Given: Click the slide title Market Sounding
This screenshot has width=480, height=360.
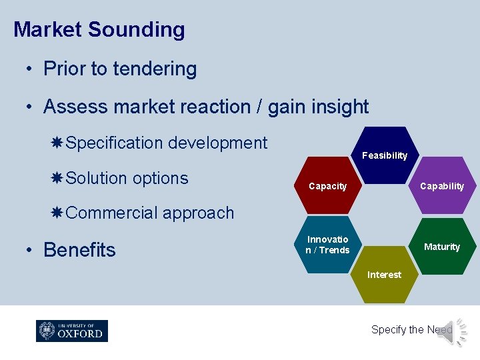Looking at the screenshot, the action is [x=99, y=30].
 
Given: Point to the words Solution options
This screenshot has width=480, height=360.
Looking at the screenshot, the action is [x=127, y=178].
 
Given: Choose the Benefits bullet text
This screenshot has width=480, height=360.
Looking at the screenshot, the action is [x=79, y=250].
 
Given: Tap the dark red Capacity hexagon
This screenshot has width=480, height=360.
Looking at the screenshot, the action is [x=328, y=186].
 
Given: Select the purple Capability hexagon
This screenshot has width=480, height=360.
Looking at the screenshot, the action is [x=442, y=186].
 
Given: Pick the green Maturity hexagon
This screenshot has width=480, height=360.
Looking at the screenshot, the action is [x=442, y=247].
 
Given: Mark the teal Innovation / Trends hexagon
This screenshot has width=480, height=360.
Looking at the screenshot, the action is [x=327, y=245].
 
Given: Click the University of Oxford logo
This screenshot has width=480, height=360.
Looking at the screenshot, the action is [x=72, y=331].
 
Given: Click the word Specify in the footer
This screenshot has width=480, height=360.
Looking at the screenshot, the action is [x=388, y=329].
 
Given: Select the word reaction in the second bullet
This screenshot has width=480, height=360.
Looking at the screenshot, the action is [x=227, y=107].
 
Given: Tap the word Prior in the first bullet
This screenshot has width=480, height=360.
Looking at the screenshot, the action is [x=62, y=69].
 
